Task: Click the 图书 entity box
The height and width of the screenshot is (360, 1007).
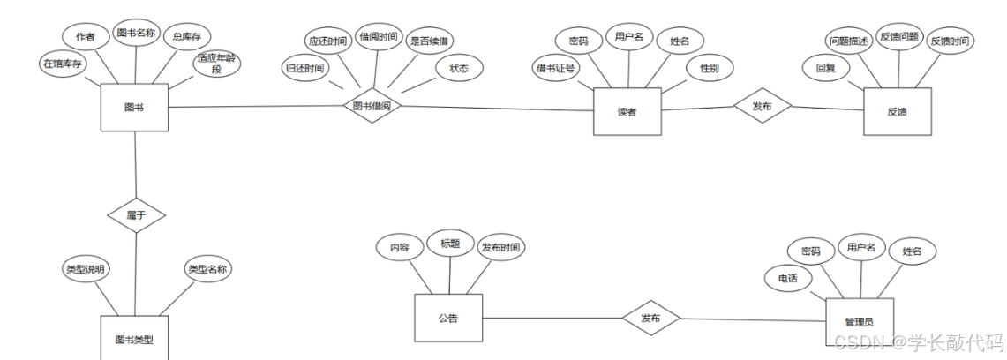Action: [x=134, y=108]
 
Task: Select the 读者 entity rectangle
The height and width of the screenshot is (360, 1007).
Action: [x=627, y=111]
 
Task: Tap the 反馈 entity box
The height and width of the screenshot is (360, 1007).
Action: [x=897, y=111]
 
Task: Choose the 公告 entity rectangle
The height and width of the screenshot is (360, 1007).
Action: [x=447, y=318]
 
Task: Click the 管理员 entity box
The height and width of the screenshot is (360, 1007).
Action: [x=859, y=323]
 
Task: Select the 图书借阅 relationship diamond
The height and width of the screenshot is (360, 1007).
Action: [x=372, y=105]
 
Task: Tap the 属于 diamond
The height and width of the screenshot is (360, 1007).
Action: [x=136, y=214]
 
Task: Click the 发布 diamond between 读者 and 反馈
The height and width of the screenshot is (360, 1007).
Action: [x=763, y=105]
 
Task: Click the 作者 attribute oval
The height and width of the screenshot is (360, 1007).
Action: [x=86, y=36]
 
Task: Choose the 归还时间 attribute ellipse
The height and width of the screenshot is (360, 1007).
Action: [x=304, y=67]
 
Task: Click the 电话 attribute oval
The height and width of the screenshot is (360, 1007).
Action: [x=787, y=277]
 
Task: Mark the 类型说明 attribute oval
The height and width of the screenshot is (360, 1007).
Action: [x=86, y=269]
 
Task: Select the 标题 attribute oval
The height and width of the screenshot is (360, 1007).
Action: [x=450, y=244]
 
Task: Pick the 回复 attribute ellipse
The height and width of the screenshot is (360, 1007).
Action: [x=825, y=66]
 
